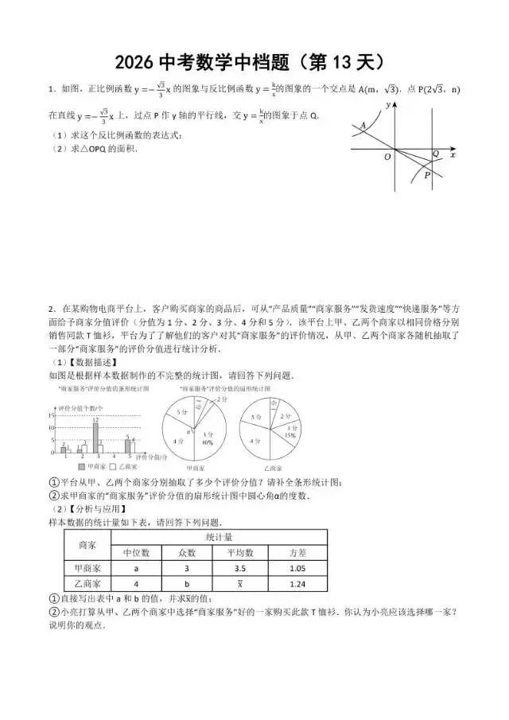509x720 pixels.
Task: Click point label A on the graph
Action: [363, 125]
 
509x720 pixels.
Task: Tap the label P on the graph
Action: [427, 176]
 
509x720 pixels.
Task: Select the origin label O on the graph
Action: [387, 157]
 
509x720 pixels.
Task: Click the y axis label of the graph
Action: [389, 104]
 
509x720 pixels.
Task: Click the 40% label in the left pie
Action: [207, 442]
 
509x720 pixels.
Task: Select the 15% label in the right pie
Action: [289, 435]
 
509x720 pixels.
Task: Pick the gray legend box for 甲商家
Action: [82, 467]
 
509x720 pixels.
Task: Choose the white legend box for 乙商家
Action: [112, 467]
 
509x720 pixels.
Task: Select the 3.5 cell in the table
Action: [240, 568]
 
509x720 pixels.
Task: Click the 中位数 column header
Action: [136, 552]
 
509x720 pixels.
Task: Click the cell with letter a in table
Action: [136, 568]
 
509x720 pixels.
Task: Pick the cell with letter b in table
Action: [188, 584]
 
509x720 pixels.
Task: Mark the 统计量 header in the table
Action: [217, 537]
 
